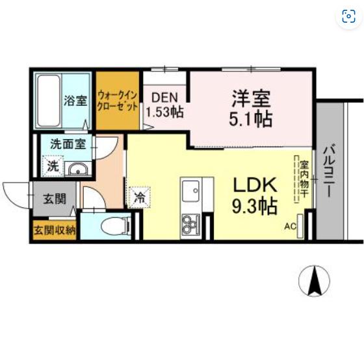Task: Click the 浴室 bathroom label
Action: [75, 101]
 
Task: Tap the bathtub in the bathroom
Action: [49, 101]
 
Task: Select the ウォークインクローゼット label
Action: [117, 101]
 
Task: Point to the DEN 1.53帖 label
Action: [165, 105]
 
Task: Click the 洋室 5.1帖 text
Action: [251, 108]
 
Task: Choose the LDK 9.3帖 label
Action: [255, 196]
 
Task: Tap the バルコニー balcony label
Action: [330, 171]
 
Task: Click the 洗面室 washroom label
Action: [68, 144]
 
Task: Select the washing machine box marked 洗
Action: [53, 166]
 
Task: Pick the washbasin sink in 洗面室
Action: [78, 169]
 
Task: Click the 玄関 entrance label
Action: [55, 199]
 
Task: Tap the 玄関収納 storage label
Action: [55, 230]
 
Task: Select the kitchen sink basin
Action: [190, 191]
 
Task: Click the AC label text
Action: [290, 227]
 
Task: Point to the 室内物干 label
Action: [304, 179]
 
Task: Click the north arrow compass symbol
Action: [314, 281]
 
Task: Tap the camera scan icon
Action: [348, 16]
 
